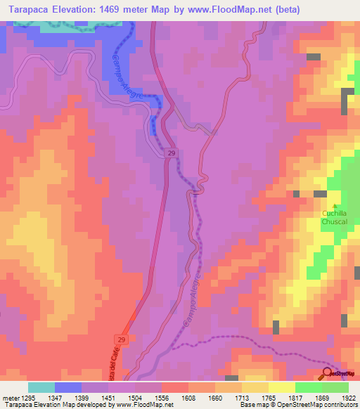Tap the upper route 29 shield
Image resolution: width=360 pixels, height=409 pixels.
coord(171,153)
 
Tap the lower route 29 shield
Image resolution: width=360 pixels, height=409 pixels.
coord(122,340)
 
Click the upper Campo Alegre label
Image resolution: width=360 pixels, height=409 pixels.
coord(131,79)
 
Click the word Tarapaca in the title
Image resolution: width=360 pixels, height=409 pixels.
coord(27,10)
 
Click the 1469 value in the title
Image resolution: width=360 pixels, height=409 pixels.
coord(120,10)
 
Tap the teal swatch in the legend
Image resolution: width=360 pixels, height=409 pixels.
coord(41,387)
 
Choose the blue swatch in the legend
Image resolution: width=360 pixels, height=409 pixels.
coord(68,387)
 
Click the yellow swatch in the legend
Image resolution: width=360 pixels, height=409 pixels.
coord(281,387)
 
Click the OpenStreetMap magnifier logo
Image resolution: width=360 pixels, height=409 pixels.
coord(328,373)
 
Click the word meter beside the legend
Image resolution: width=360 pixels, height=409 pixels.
coord(9,398)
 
